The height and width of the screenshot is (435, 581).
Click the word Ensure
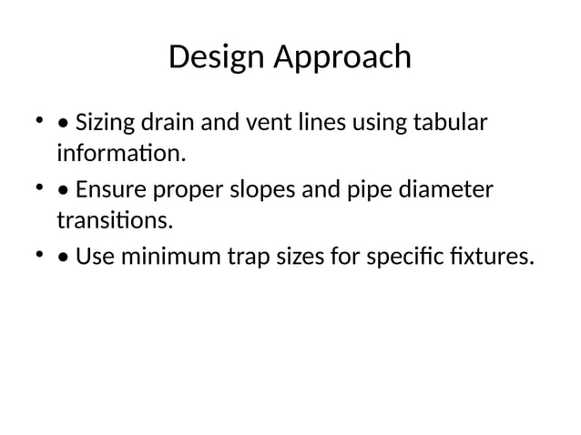[x=109, y=189]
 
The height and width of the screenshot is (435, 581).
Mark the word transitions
[x=114, y=220]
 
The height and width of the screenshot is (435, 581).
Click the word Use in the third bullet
[x=91, y=258]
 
